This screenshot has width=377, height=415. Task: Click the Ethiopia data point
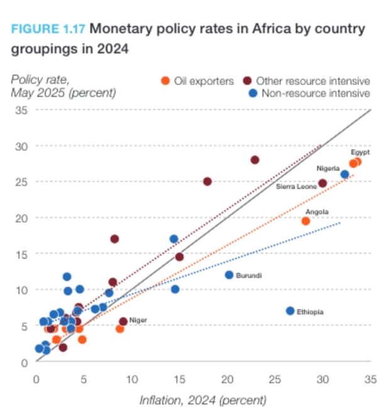point(290,311)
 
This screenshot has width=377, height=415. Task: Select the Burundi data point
point(229,275)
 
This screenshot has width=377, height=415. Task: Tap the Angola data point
point(306,221)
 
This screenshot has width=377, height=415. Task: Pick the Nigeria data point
point(344,175)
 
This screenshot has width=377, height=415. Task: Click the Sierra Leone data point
point(323,183)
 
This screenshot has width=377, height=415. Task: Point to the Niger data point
point(123,321)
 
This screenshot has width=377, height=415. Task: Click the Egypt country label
point(360,153)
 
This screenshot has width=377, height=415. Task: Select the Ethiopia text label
point(310,312)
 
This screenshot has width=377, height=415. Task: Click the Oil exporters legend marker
point(166,81)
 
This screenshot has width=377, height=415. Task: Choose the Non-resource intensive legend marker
point(253,94)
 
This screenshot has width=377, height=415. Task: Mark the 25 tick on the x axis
point(275,379)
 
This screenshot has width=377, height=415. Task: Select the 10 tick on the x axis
point(131,379)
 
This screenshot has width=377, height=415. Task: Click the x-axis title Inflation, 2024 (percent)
point(202,400)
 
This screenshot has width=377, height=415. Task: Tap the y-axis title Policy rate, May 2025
point(63,87)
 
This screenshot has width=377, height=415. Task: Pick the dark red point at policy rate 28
point(255,160)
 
